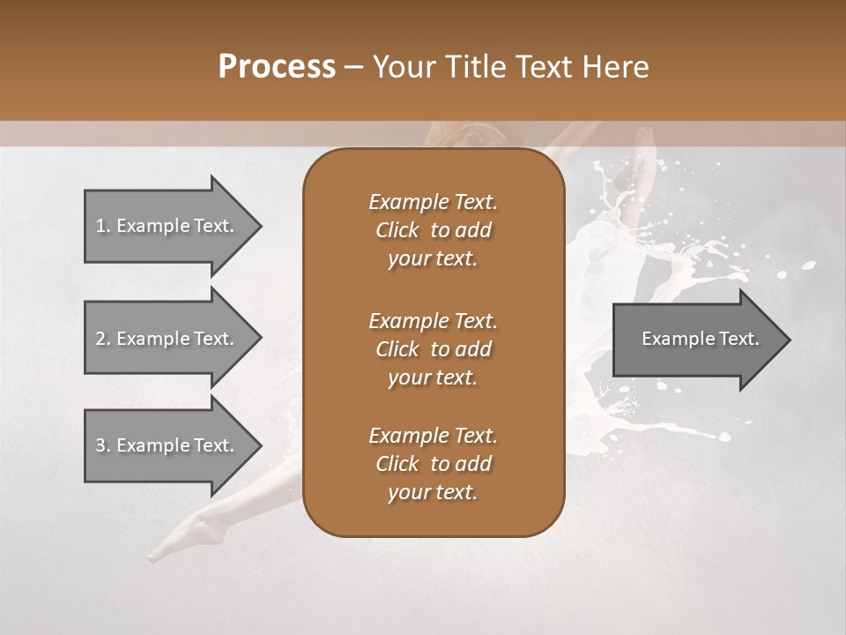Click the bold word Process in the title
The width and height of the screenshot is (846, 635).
click(x=277, y=67)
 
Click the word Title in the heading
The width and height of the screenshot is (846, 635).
click(x=472, y=67)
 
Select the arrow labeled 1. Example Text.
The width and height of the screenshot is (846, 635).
click(x=167, y=226)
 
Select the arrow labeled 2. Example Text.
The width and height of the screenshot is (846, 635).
click(x=167, y=339)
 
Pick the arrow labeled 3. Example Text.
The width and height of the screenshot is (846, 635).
click(x=167, y=445)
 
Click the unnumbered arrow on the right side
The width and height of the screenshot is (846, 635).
click(x=696, y=339)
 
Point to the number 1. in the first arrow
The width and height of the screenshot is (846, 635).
click(x=103, y=226)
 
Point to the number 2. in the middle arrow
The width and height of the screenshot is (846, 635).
click(x=103, y=339)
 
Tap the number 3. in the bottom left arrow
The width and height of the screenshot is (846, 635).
click(x=103, y=445)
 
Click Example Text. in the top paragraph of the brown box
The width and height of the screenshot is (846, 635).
click(x=433, y=202)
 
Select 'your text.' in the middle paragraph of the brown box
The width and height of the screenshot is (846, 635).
click(x=433, y=377)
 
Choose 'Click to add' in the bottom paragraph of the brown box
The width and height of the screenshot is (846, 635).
click(x=433, y=464)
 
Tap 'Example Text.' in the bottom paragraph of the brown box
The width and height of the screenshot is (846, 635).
click(x=433, y=436)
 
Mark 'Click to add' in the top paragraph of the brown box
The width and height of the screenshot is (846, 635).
click(x=433, y=230)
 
